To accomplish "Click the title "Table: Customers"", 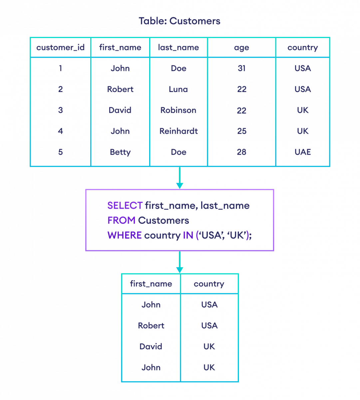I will click(180, 21).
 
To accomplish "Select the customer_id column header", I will click(60, 48).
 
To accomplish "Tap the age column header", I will click(241, 48).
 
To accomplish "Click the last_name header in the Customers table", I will click(179, 48).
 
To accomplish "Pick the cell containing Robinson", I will click(179, 110).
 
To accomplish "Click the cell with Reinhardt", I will click(179, 131).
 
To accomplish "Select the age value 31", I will click(241, 68).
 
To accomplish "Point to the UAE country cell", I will click(303, 152).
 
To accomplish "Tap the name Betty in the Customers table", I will click(120, 152).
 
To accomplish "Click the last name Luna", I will click(179, 89).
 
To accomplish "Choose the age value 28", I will click(241, 152).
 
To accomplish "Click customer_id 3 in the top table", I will click(60, 110).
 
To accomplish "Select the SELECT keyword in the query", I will click(125, 206).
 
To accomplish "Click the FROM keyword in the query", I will click(121, 220).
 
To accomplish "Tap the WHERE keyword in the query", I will click(125, 235).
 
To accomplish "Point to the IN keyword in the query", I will click(188, 235).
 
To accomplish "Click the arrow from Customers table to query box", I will click(180, 178).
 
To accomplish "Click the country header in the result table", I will click(209, 284).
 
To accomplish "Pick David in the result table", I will click(151, 346).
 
